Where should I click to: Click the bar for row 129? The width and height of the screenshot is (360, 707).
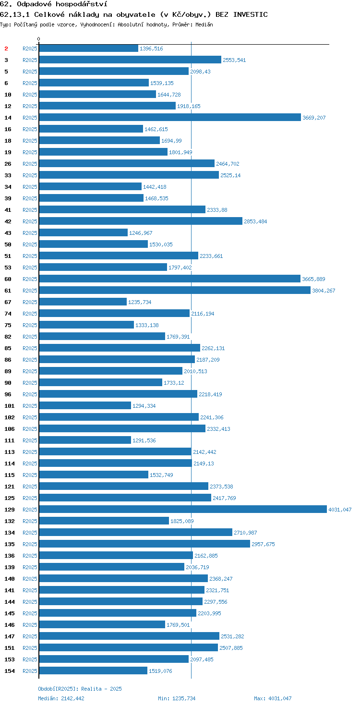tap(183, 509)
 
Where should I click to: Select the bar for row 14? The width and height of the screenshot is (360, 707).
tap(170, 117)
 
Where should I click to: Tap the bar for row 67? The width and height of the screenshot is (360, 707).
tap(83, 302)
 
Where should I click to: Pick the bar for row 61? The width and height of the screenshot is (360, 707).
tap(175, 291)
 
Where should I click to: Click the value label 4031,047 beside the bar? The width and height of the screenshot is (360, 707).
tap(340, 510)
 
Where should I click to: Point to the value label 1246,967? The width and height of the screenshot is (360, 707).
tap(141, 233)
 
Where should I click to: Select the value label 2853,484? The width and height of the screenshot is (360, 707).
tap(255, 221)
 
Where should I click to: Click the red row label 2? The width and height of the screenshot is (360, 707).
tap(6, 49)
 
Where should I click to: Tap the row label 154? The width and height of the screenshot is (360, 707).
tap(10, 670)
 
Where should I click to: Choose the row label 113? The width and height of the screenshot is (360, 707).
tap(10, 451)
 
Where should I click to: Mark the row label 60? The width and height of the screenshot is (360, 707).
tap(8, 279)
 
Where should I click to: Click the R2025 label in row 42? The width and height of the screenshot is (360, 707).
tap(30, 221)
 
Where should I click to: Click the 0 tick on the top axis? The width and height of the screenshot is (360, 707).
tap(38, 39)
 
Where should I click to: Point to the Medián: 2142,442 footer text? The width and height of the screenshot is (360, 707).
tap(61, 698)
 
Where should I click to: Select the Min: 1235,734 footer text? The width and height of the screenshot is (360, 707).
tap(177, 698)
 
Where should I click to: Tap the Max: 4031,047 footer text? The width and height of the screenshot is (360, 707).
tap(273, 698)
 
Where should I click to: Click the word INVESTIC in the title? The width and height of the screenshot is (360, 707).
tap(251, 14)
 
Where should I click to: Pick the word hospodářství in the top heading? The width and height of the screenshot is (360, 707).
tap(82, 4)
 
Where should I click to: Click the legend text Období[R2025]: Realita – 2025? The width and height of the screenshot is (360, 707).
tap(80, 689)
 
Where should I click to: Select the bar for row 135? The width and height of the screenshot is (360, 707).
tap(144, 544)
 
